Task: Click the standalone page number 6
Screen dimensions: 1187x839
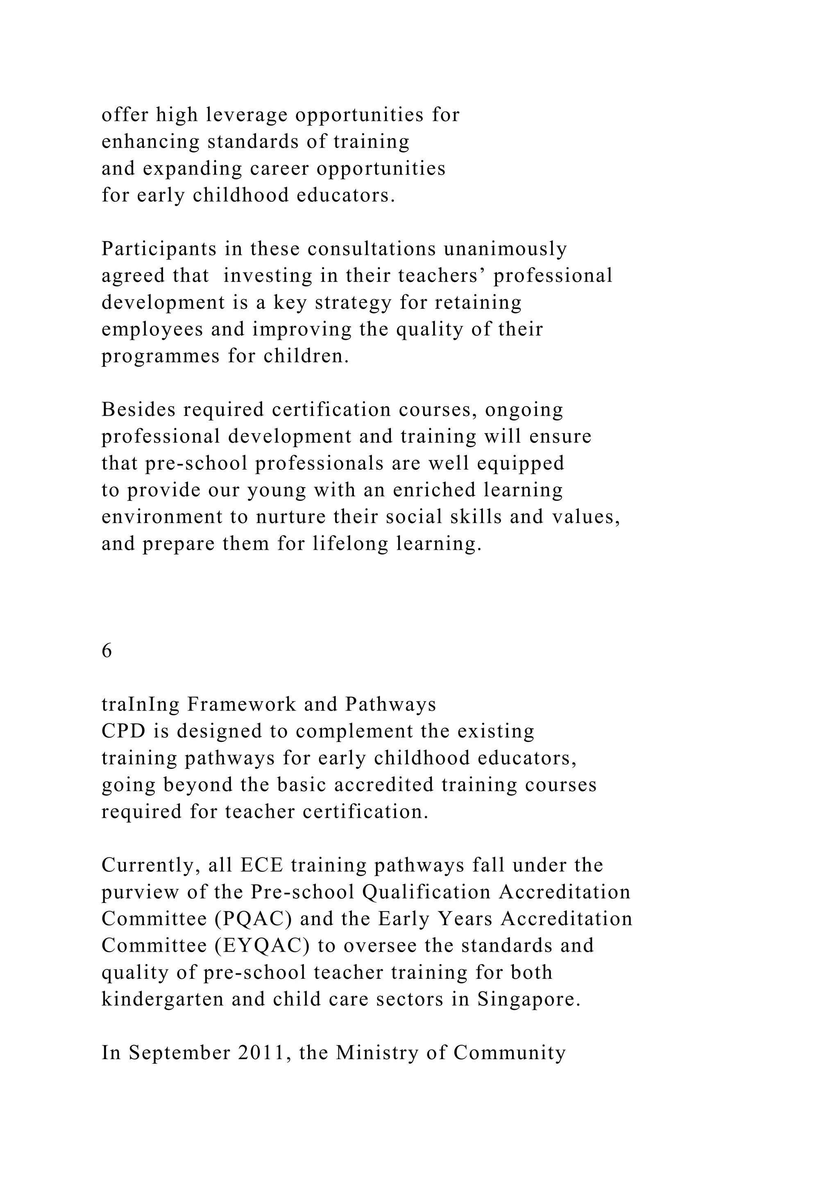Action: point(107,651)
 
